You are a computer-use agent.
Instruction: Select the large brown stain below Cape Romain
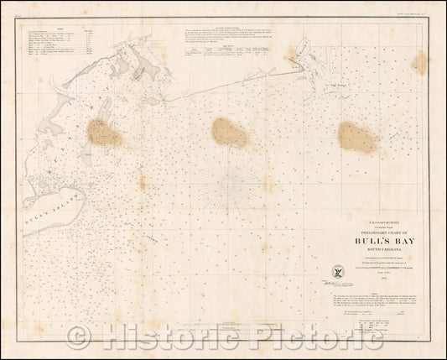pyautogui.click(x=357, y=137)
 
